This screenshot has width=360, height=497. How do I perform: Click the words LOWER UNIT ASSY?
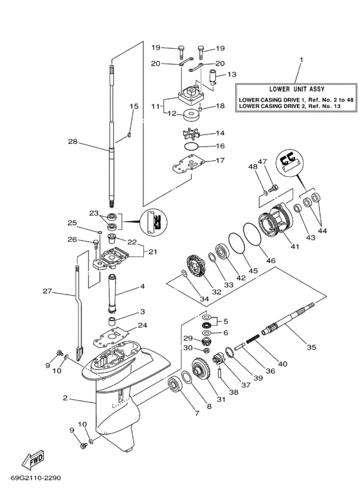click(288, 89)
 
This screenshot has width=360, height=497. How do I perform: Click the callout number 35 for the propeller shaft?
click(311, 347)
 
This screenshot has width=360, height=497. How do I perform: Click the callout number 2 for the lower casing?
click(66, 398)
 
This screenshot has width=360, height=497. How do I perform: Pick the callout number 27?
click(46, 291)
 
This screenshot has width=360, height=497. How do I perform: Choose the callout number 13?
click(232, 74)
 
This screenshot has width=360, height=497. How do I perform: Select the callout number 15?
click(134, 106)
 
